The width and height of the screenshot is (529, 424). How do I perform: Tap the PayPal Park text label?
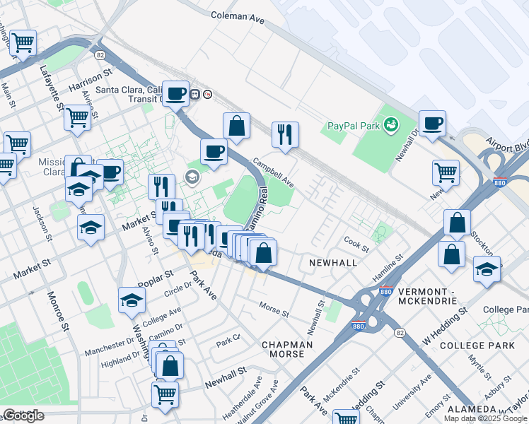point(353,126)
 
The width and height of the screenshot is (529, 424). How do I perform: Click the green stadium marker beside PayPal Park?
point(390,125)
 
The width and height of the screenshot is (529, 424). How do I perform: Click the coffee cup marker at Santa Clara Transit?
point(175,93)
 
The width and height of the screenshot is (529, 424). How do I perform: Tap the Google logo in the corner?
point(23,416)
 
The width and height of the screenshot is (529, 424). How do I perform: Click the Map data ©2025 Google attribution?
point(485,418)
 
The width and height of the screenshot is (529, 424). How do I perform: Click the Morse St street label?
point(274,312)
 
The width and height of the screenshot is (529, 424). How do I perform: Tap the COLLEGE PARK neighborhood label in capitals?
point(477,346)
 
